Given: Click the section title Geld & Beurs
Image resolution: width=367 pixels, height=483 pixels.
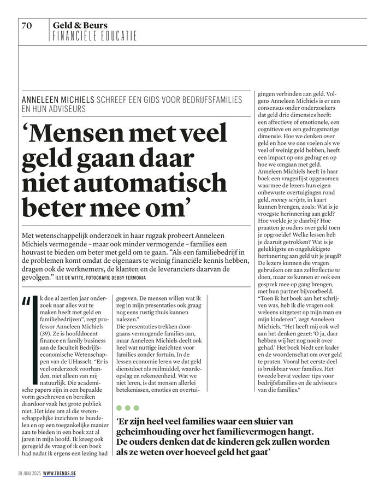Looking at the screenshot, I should coord(80,25).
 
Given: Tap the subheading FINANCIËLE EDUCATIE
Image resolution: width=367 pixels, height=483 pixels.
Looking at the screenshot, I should coord(94,36).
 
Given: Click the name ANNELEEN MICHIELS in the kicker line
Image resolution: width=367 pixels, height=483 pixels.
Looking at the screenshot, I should coord(57,100).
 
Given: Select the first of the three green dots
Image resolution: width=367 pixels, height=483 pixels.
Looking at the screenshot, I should coord(120,408).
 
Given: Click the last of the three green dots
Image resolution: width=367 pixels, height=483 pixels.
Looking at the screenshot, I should coord(136,408).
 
